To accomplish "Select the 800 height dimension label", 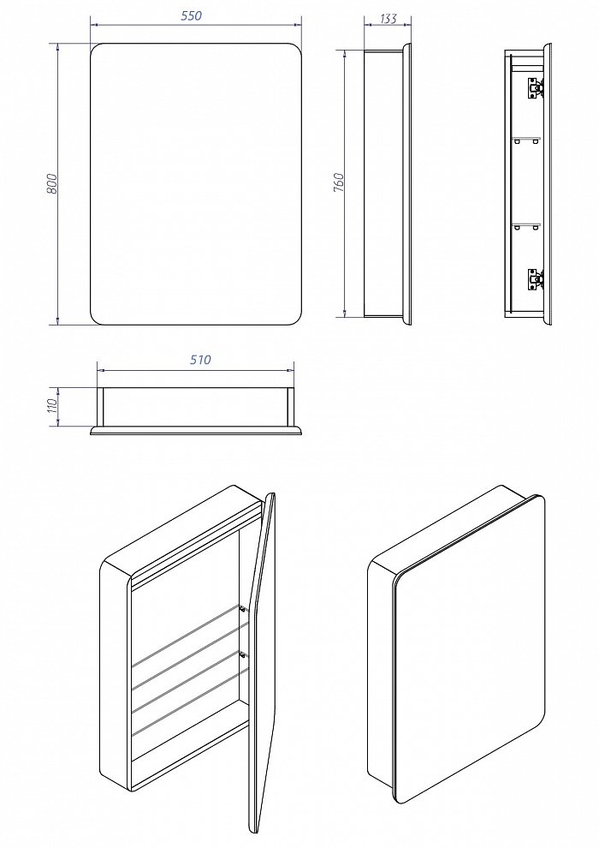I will click(52, 184).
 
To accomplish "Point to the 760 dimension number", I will click(339, 183).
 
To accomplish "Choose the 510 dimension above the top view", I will click(198, 361).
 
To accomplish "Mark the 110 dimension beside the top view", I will click(51, 405).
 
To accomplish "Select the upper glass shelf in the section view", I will click(525, 138).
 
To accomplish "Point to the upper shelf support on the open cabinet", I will click(244, 609).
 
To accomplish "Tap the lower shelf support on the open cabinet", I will click(244, 654).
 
